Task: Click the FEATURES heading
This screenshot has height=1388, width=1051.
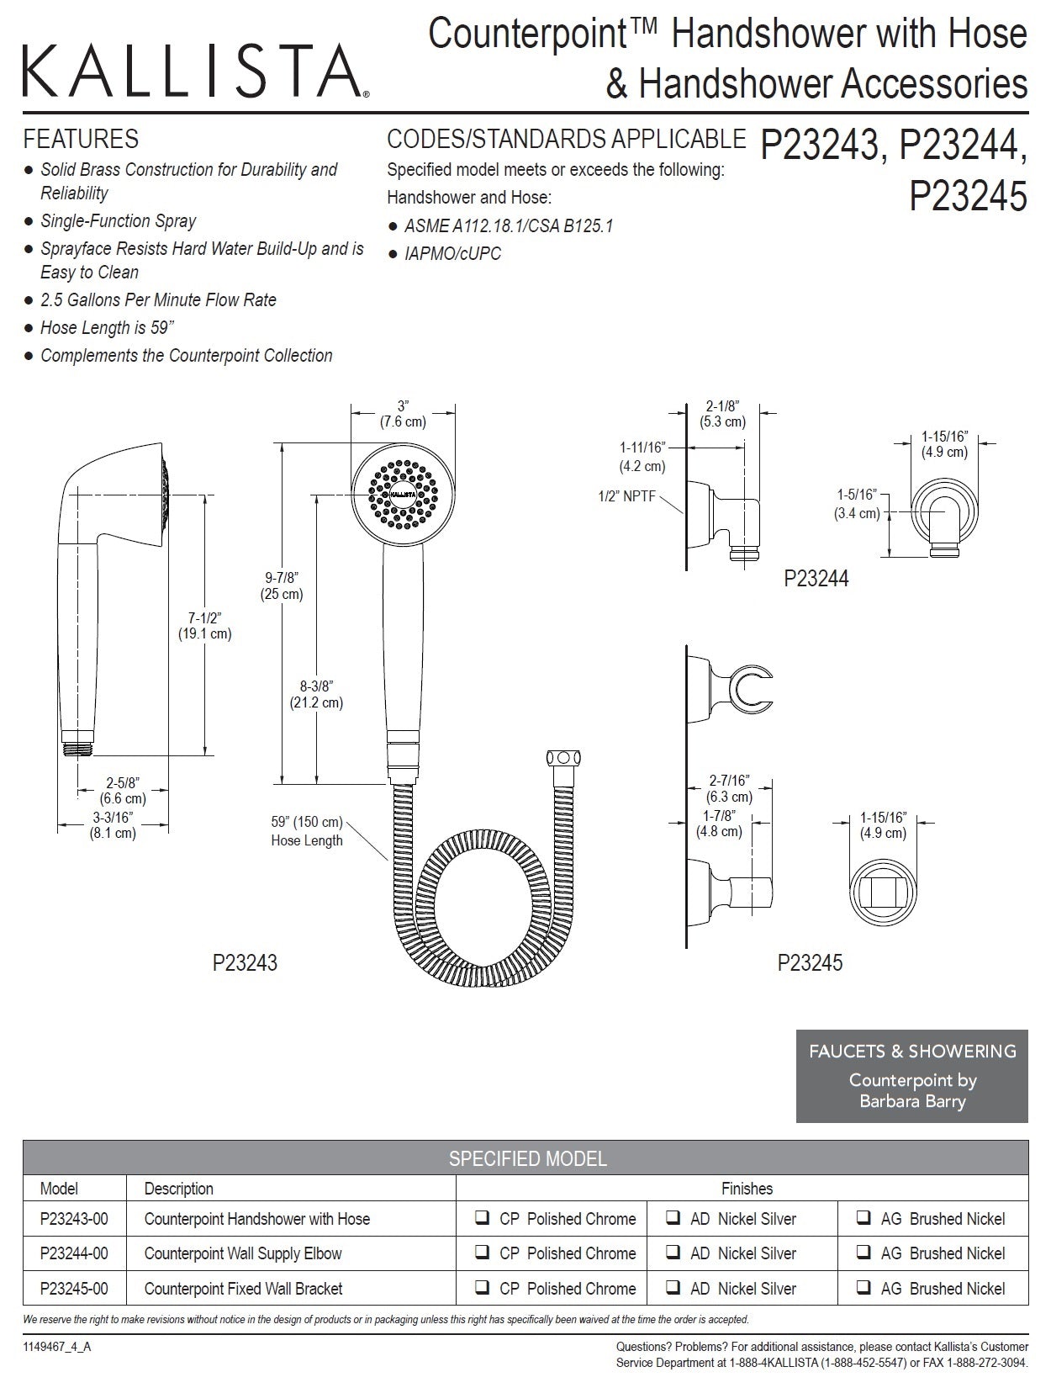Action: point(81,139)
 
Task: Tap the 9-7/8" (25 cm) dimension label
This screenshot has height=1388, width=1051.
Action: point(282,585)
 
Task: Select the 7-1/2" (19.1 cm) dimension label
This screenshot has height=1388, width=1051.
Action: point(203,626)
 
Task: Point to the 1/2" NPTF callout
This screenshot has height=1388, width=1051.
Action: point(626,496)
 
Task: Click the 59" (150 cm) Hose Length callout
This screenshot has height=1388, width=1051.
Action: point(306,831)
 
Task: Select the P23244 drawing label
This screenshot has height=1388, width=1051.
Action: point(816,579)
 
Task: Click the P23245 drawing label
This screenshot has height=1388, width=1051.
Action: point(810,962)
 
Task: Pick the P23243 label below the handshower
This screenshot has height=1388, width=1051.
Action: point(245,962)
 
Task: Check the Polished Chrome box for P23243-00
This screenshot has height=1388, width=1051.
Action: point(483,1218)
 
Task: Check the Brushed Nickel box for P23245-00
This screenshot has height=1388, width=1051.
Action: point(864,1287)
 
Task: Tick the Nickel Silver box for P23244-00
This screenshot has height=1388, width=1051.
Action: point(673,1253)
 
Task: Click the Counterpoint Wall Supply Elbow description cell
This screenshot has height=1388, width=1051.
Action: point(243,1253)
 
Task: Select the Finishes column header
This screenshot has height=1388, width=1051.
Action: point(747,1188)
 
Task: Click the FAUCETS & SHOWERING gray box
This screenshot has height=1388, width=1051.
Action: point(911,1076)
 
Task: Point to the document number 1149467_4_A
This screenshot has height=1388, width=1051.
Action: point(57,1347)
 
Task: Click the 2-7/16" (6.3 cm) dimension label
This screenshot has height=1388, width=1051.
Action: point(729,788)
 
